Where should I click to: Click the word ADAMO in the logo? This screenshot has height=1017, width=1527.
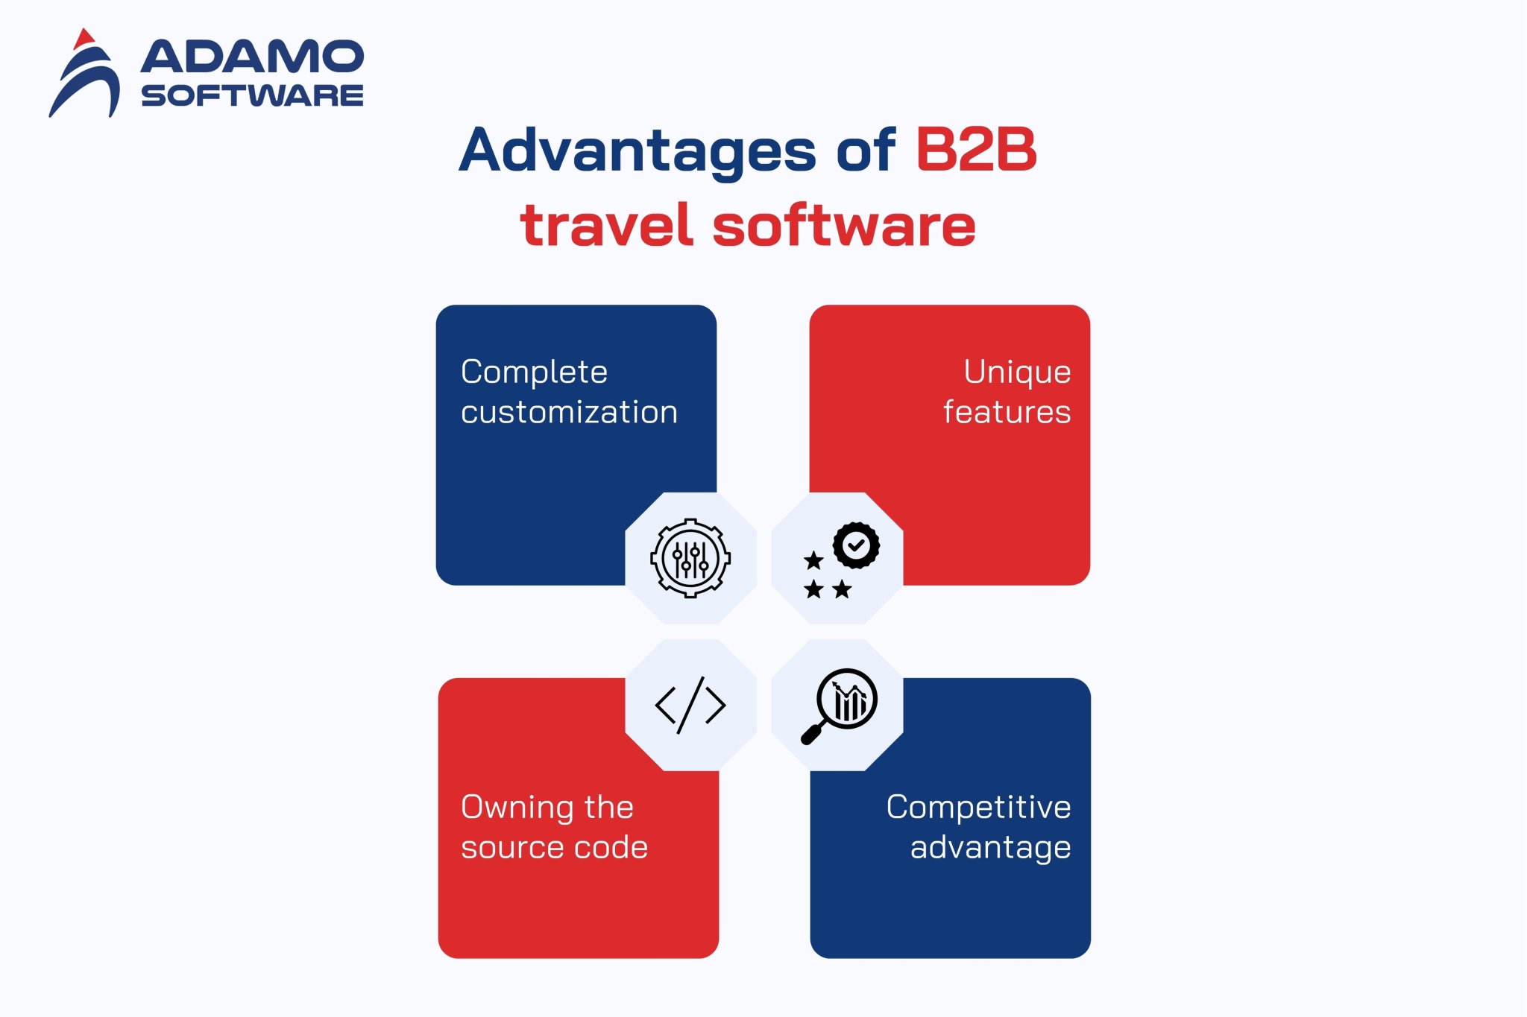252,57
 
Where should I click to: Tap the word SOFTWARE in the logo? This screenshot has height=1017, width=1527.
252,95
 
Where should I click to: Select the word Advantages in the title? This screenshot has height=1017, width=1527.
637,151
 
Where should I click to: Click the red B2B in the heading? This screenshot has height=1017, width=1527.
976,150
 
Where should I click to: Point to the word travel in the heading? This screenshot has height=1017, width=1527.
607,225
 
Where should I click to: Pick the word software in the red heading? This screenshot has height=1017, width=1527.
844,225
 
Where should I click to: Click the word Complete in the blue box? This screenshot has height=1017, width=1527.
534,372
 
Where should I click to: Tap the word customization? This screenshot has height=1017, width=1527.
569,412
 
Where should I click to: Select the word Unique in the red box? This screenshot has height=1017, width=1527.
1017,372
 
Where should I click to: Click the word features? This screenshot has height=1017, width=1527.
1007,412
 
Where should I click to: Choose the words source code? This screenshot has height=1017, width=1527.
554,847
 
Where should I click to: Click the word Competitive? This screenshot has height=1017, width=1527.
978,807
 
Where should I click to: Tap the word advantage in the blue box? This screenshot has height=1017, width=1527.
990,848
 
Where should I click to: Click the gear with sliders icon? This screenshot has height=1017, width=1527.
690,558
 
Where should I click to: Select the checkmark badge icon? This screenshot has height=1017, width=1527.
856,545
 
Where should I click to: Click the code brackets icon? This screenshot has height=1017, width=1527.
690,705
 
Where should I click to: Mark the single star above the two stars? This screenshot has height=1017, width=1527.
813,560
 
